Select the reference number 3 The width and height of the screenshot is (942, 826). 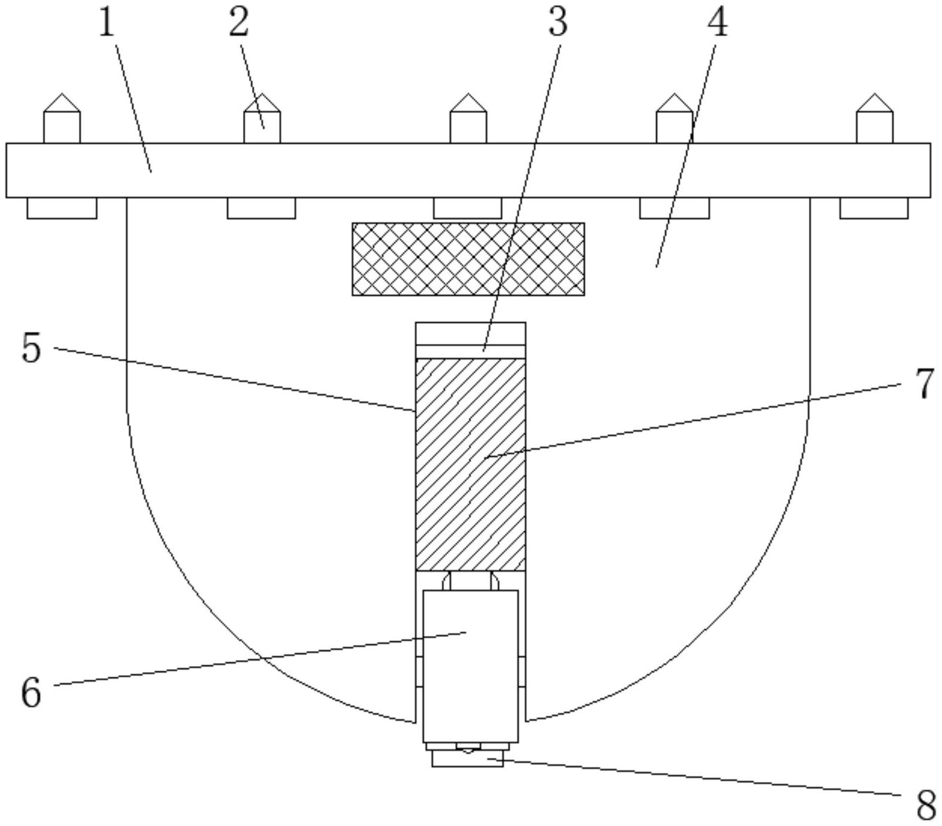click(558, 23)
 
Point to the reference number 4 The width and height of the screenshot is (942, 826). click(717, 23)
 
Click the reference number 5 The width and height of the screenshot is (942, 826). click(31, 348)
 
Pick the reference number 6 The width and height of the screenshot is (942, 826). click(31, 692)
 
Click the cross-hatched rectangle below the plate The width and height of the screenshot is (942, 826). click(468, 259)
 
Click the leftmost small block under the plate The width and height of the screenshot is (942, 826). click(62, 208)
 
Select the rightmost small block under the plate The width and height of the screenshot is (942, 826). click(874, 208)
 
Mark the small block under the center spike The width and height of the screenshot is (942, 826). click(468, 208)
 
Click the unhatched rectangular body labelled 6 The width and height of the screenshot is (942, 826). click(470, 666)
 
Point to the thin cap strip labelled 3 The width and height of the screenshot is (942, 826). click(470, 351)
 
